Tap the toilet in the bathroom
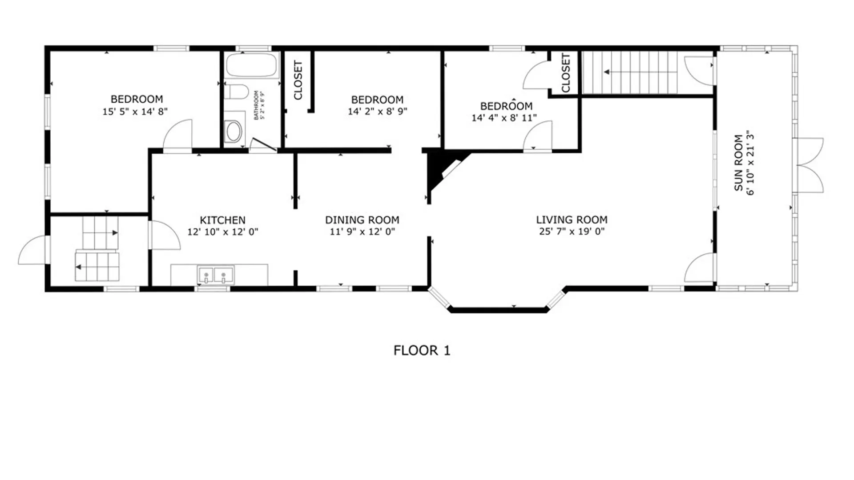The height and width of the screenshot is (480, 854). [x=236, y=92]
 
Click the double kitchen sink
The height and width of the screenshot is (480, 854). [x=216, y=275]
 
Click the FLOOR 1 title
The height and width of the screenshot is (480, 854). [x=422, y=351]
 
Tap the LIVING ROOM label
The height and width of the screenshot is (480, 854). [x=572, y=220]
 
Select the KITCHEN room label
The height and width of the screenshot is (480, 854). [x=222, y=220]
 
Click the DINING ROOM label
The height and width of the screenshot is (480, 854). [x=362, y=220]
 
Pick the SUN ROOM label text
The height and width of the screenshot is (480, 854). [x=738, y=163]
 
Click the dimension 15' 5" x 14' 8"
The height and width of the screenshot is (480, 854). [x=135, y=112]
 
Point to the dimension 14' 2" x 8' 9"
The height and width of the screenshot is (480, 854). [x=377, y=111]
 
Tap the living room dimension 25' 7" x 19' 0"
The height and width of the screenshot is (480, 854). [x=572, y=231]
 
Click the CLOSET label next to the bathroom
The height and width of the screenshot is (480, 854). [x=298, y=80]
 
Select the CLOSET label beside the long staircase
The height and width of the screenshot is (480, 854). [x=565, y=73]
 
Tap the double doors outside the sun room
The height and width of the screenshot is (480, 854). [x=809, y=165]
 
